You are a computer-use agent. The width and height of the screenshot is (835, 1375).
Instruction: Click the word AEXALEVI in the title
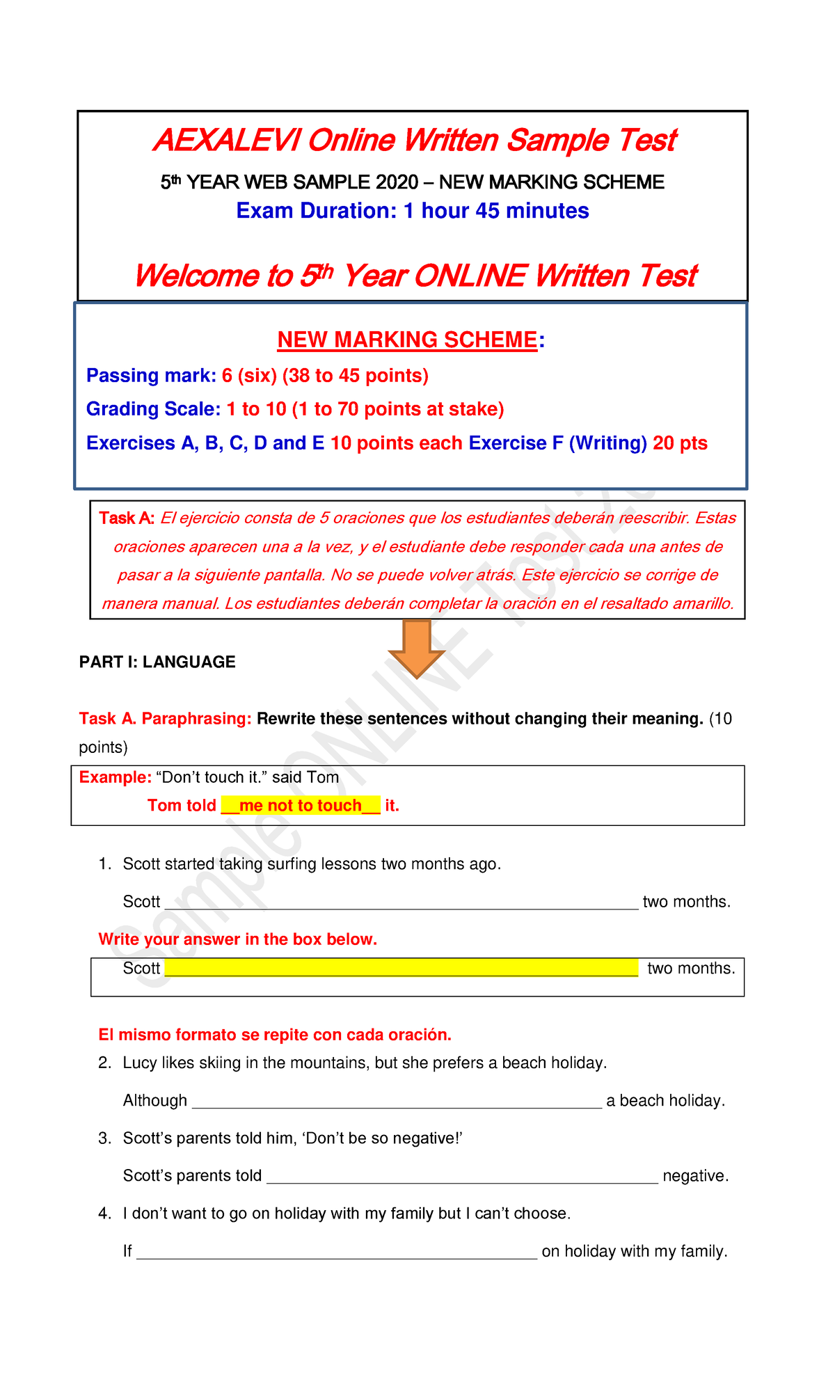pos(226,141)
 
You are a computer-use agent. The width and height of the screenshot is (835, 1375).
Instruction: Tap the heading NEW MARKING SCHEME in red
pos(407,340)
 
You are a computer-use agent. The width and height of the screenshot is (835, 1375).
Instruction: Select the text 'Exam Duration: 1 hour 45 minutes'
pos(413,211)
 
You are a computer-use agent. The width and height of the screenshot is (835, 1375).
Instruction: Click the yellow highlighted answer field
pos(401,967)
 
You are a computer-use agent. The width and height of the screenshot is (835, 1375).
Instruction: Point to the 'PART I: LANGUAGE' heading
pos(157,662)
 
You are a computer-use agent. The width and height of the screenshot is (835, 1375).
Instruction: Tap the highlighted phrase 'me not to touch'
pos(301,806)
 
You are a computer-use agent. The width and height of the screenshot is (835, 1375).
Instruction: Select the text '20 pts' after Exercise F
pos(680,443)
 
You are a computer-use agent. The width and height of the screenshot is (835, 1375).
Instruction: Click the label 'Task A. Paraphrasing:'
pos(165,719)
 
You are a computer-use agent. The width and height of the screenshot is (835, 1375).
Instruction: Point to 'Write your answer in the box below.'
pos(237,939)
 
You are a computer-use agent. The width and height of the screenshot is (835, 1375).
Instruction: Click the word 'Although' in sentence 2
pos(154,1100)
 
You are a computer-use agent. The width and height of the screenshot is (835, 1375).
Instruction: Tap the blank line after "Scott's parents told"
pos(462,1175)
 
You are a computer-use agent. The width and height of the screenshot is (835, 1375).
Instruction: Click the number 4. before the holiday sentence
pos(104,1214)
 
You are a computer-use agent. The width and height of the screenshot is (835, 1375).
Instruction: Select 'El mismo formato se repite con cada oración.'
pos(275,1035)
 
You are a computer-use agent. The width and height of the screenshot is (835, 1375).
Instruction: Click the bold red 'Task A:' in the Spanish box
pos(126,518)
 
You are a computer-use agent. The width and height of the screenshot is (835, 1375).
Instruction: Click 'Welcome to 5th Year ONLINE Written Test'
pos(415,276)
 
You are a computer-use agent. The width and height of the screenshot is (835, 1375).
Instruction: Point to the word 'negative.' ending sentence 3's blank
pos(695,1176)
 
